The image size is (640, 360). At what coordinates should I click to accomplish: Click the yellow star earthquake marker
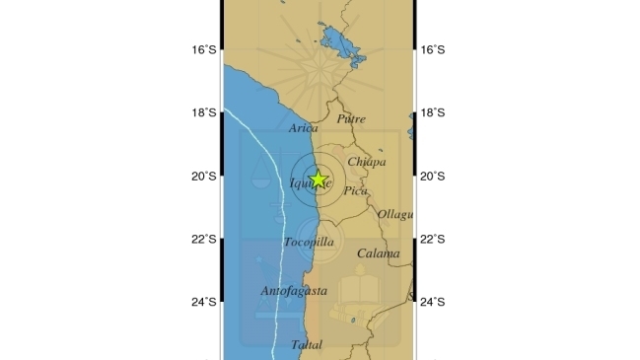coord(318,180)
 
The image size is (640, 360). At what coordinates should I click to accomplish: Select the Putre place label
coord(351,119)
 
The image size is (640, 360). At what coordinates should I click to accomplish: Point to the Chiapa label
coord(367,162)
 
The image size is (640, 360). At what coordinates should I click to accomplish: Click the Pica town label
coord(354,192)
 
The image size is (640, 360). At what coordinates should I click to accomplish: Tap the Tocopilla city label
coord(308,242)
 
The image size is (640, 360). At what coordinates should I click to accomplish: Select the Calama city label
coord(379,253)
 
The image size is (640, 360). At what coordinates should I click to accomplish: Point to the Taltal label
coord(307,344)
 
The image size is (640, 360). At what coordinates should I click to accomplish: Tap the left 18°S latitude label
coord(204,112)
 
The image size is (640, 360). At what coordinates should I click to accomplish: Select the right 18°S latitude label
coord(433,112)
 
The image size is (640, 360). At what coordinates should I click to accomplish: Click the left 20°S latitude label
coord(204,176)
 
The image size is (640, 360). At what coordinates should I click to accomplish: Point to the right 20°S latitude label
coord(433,176)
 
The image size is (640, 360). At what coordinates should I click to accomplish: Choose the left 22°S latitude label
coord(204,239)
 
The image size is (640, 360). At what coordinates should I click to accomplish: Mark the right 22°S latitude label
coord(433,239)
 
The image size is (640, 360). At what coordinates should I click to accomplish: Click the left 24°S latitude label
coord(204,302)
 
